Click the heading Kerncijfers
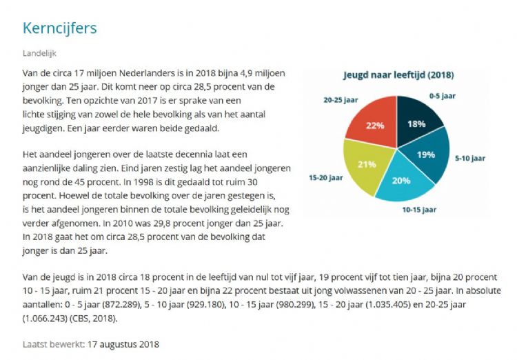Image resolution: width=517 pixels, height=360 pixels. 59,28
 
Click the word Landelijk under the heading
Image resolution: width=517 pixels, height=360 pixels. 39,52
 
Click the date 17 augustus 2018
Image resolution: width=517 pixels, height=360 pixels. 123,344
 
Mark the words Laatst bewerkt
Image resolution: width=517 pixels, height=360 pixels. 53,344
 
